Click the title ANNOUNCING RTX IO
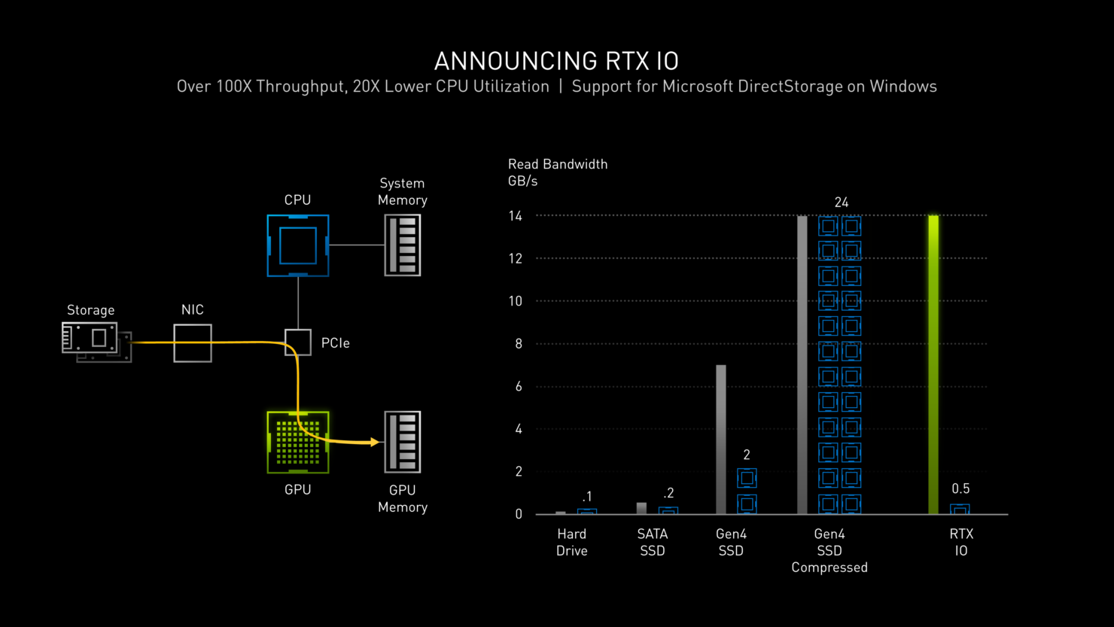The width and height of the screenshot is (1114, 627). point(556,61)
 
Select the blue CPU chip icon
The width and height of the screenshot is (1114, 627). point(298,245)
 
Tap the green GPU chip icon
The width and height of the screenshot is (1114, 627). point(298,443)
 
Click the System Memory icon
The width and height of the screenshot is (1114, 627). point(403,245)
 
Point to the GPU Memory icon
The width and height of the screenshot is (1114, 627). point(403,443)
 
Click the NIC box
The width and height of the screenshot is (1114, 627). point(193,343)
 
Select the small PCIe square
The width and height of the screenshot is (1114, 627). point(298,342)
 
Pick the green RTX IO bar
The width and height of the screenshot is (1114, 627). point(933,365)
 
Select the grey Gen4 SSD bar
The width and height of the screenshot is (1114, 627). point(721,440)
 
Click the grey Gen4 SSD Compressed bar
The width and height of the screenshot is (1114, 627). point(802,365)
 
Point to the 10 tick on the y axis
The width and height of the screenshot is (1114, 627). point(515,301)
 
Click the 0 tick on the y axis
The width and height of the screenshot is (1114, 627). point(519,514)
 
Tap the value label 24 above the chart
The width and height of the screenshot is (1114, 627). point(842,202)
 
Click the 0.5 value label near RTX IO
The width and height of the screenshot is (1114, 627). point(960,489)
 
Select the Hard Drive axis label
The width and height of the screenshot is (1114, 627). point(572,542)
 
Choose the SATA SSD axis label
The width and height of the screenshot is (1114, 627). point(653,542)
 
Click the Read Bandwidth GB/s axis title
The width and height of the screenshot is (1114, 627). point(558,172)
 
